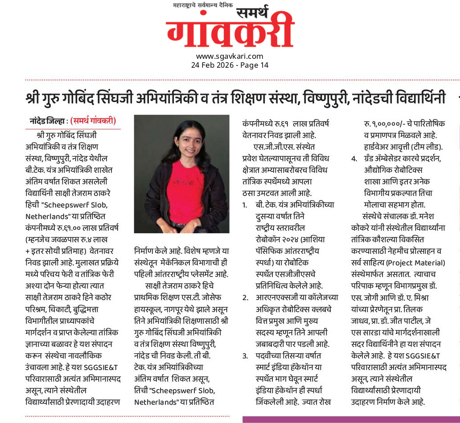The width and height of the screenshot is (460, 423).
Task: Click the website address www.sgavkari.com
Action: (x=230, y=56)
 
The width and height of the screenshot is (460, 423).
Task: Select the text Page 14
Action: (x=254, y=65)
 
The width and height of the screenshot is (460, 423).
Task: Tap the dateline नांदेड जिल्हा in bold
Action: (x=48, y=121)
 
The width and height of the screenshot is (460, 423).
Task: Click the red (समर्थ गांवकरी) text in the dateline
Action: (x=93, y=121)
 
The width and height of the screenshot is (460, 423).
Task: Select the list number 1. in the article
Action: (x=245, y=205)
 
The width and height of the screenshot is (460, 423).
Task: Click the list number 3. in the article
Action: (x=245, y=356)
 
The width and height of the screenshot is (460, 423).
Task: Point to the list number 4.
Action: (x=354, y=159)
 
